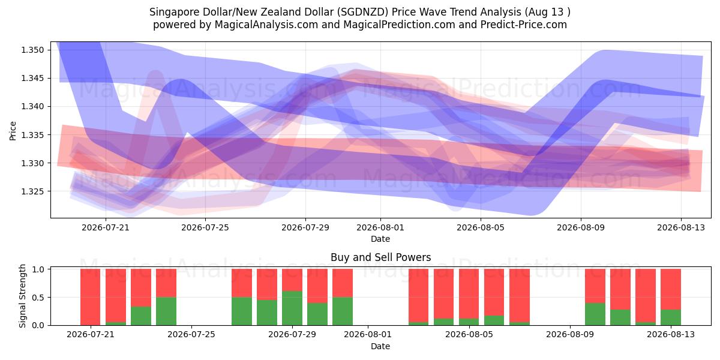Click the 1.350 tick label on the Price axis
(32, 50)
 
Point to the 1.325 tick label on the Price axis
(32, 191)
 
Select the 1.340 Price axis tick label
(32, 107)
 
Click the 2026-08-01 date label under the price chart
(380, 227)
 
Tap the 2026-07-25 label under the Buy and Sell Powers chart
(191, 334)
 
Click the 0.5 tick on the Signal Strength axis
(38, 298)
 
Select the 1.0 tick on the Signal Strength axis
(38, 269)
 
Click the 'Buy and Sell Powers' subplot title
(380, 257)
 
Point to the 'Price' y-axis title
(13, 131)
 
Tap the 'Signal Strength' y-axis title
(22, 296)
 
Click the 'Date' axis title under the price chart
(380, 239)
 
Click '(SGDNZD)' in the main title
(362, 12)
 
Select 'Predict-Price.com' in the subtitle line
(524, 25)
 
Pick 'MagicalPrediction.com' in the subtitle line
(399, 25)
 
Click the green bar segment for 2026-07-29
(292, 308)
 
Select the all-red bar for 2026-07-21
(91, 297)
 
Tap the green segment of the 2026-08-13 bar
(671, 317)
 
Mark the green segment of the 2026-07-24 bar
(166, 311)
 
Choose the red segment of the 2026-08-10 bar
(595, 286)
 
